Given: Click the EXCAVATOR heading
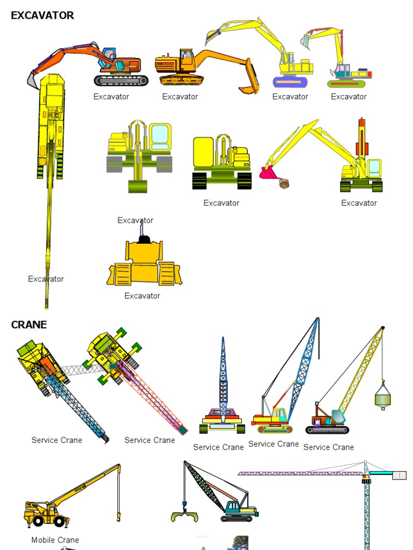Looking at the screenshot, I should coord(42,16).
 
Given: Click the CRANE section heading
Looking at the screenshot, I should coord(29,324).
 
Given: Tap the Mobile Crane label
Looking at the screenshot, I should coord(55,540).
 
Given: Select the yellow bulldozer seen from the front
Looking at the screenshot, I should coord(144,263).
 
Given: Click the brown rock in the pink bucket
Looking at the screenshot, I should coord(284,183).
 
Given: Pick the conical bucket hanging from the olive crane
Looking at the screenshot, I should coord(382,397).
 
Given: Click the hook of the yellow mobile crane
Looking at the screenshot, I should coord(118,517).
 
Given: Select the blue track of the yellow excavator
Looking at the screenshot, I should coord(290,82).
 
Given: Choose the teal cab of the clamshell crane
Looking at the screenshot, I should coord(234,506).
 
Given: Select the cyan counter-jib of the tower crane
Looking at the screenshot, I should coord(381,473).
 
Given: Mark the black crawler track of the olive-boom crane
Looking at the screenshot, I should coord(327,430).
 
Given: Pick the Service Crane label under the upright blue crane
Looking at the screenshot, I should coord(218,447).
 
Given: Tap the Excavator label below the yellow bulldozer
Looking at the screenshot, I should coord(142,295).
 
